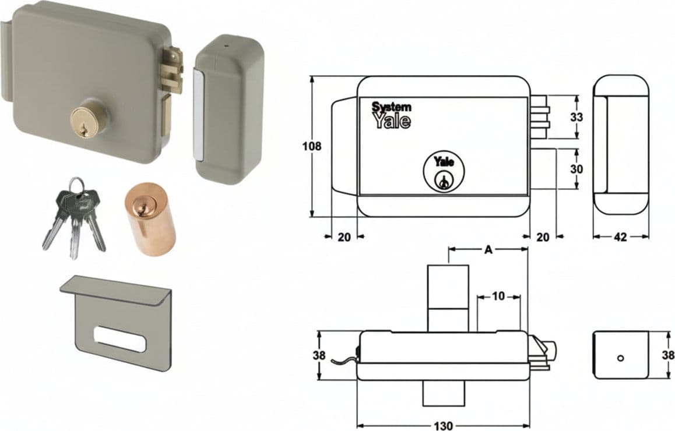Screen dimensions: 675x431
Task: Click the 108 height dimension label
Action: (x=312, y=146)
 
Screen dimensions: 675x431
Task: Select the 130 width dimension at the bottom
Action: (x=443, y=426)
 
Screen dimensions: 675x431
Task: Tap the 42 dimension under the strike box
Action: (x=620, y=236)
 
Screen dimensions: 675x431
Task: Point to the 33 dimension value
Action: (x=577, y=117)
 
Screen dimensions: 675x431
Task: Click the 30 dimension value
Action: (x=577, y=169)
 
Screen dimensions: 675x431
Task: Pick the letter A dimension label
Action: (x=488, y=250)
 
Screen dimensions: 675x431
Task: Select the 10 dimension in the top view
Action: (x=498, y=296)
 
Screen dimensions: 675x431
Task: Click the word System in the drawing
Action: (x=391, y=107)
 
